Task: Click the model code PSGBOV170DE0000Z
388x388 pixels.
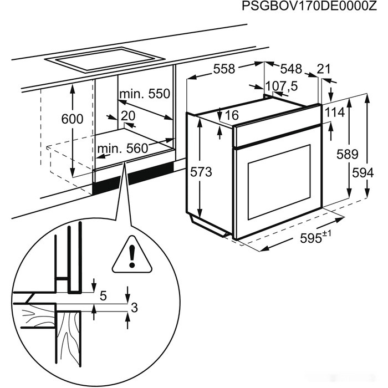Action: click(x=313, y=7)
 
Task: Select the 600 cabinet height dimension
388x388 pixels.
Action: click(x=72, y=119)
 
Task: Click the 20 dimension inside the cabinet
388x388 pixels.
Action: click(x=127, y=116)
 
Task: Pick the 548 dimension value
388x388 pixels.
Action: click(x=291, y=69)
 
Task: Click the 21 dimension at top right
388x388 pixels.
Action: click(x=323, y=69)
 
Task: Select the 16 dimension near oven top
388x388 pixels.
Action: click(x=232, y=115)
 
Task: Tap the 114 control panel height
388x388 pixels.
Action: click(x=335, y=112)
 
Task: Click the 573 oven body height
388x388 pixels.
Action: click(x=201, y=172)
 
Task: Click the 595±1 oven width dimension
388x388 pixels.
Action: click(x=315, y=237)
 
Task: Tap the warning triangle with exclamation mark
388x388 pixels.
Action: click(x=131, y=257)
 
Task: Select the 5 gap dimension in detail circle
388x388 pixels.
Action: click(x=103, y=296)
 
